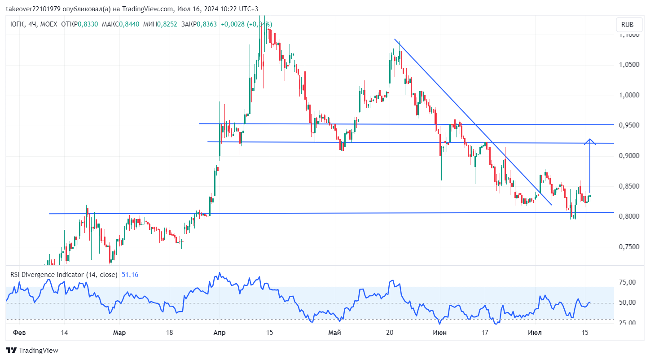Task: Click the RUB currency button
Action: [x=627, y=25]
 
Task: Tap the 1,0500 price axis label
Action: [x=629, y=64]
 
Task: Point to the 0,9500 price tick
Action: [x=629, y=125]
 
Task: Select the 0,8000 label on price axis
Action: [x=629, y=216]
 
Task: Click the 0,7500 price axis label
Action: [x=629, y=246]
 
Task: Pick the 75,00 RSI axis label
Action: [x=627, y=282]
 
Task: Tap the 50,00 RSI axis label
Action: [x=627, y=303]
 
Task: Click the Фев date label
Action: [x=19, y=333]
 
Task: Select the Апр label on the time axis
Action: [x=220, y=333]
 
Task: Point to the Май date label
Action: [x=334, y=333]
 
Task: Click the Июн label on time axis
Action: [x=439, y=333]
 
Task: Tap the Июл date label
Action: [x=535, y=333]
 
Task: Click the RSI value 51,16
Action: [x=130, y=275]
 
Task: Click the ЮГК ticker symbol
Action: [x=17, y=24]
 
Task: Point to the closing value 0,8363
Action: [x=206, y=24]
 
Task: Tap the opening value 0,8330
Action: [x=88, y=24]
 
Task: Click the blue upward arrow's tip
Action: [x=590, y=139]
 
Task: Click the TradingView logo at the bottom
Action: [x=32, y=351]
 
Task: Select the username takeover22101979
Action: [x=33, y=9]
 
